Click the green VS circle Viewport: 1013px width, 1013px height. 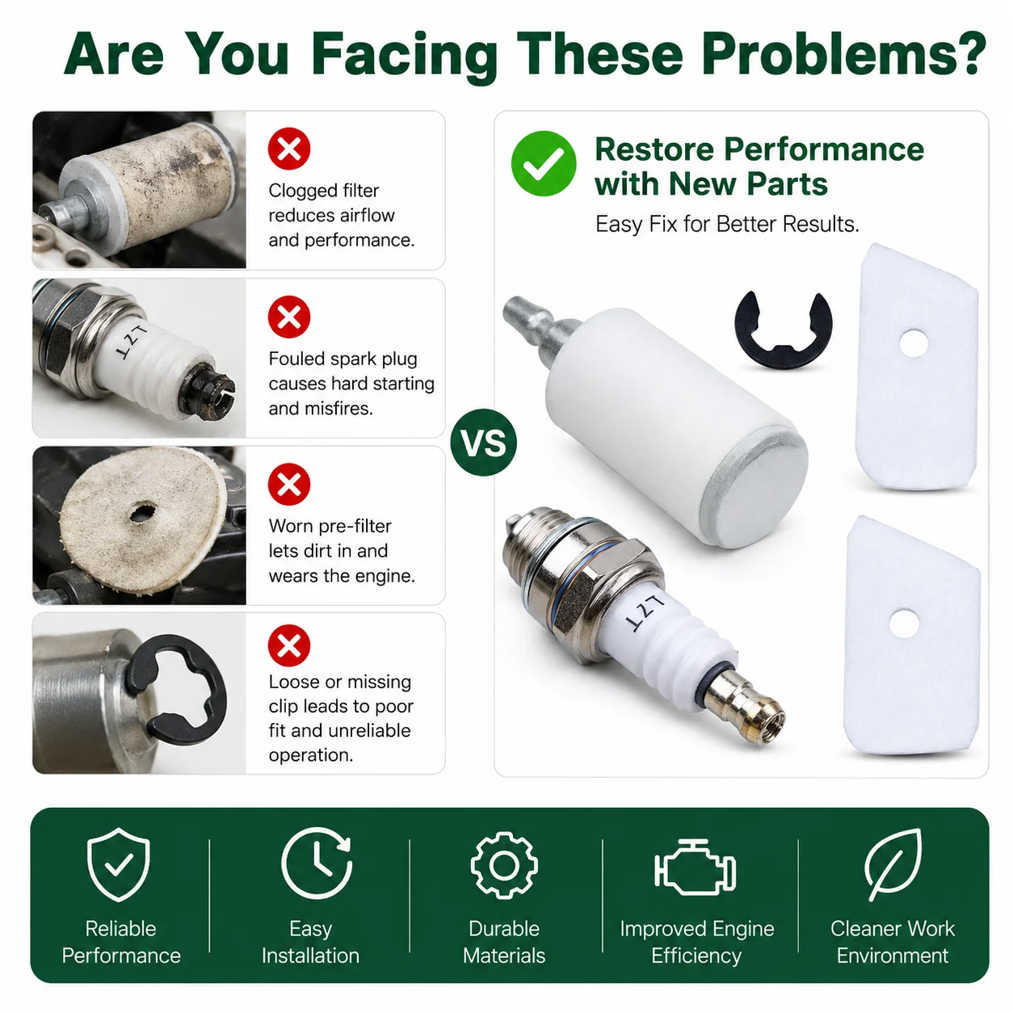(x=483, y=442)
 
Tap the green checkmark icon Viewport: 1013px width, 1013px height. (x=543, y=163)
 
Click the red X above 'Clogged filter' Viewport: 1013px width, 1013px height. (x=289, y=149)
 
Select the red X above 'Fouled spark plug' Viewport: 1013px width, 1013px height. (x=289, y=317)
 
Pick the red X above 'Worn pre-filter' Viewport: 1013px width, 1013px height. (x=289, y=484)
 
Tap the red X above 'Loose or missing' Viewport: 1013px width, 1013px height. (x=289, y=645)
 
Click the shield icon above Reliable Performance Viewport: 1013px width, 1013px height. (x=119, y=864)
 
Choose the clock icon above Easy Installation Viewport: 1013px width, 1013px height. (x=317, y=864)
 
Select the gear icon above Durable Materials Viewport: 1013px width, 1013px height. (x=503, y=864)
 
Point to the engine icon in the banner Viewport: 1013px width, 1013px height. (x=695, y=868)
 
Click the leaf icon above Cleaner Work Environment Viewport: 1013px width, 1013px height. (x=893, y=864)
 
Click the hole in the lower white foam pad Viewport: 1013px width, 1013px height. (x=904, y=624)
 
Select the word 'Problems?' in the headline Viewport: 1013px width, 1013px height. (x=843, y=53)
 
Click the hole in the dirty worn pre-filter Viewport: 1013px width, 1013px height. (x=142, y=511)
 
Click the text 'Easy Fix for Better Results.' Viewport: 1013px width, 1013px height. (x=727, y=224)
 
